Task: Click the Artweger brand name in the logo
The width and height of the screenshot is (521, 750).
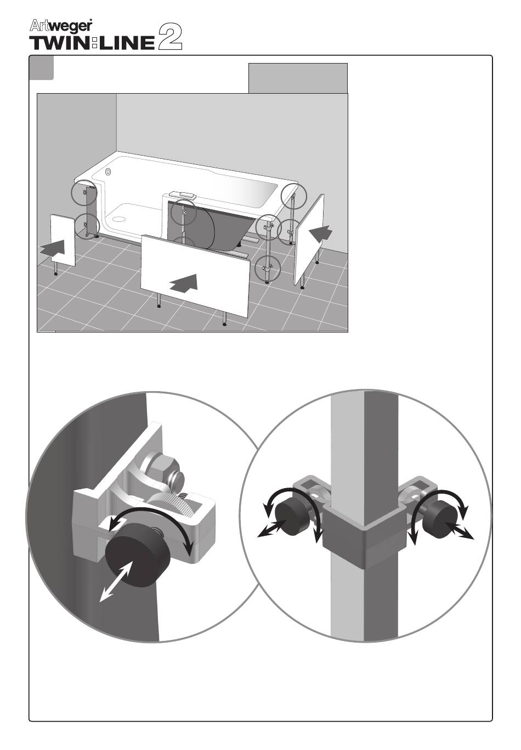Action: (x=61, y=26)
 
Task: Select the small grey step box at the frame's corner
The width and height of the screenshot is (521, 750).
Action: (x=41, y=68)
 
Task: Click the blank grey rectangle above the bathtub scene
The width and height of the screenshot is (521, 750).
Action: (x=298, y=78)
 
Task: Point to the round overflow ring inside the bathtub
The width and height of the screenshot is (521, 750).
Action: (x=109, y=172)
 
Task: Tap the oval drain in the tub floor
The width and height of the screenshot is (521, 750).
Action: (x=118, y=219)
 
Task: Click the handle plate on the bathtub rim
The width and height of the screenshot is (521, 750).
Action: (x=181, y=194)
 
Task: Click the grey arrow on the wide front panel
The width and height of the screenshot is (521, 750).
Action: (x=184, y=284)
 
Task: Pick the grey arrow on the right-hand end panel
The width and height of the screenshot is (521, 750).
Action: (x=321, y=233)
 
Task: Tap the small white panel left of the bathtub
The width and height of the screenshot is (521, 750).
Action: (x=63, y=240)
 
